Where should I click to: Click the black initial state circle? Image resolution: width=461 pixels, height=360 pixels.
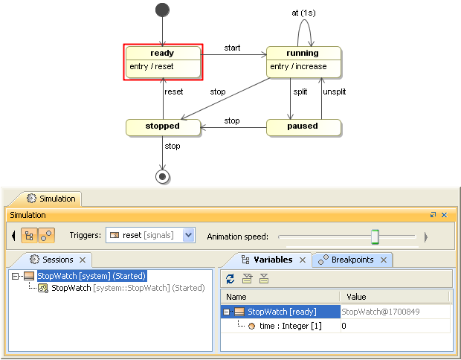pos(162,10)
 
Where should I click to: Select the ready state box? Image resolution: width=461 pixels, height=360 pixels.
pos(162,62)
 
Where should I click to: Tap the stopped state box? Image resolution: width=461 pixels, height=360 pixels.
pos(162,126)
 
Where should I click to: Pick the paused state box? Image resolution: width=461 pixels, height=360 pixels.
pos(303,126)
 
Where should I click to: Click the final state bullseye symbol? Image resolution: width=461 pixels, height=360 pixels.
pos(162,176)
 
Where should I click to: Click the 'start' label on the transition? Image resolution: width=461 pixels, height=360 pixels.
pos(232,48)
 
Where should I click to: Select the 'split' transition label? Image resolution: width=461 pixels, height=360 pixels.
pos(300,91)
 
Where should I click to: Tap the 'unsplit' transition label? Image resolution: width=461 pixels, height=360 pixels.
pos(334,91)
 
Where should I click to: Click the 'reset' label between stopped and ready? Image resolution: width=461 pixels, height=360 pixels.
pos(173,91)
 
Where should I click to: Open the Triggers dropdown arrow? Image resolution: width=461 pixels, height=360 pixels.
pos(188,235)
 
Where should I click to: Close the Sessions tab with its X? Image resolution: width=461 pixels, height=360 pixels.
pos(83,260)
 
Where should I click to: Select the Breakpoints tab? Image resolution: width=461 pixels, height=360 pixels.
pos(353,260)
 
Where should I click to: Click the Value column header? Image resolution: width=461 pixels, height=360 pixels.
pos(356,297)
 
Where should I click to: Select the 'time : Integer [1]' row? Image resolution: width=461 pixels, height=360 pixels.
pos(290,326)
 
